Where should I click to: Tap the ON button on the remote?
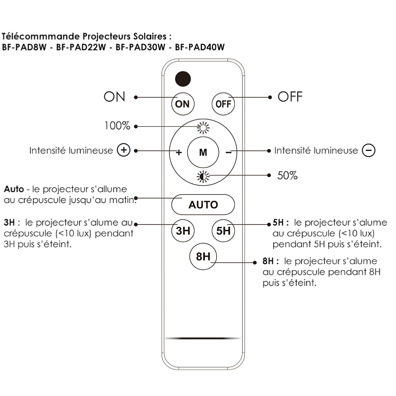183,104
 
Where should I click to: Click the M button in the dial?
203,152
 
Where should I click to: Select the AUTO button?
203,205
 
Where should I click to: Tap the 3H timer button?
183,230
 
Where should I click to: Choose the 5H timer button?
223,230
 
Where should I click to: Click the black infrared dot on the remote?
183,79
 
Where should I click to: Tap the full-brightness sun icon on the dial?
203,128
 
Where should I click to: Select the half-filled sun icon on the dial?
203,177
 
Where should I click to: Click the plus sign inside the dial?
179,152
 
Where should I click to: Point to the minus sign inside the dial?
228,152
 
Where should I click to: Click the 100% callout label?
117,126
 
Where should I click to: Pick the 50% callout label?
287,175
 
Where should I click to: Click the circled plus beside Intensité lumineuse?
124,150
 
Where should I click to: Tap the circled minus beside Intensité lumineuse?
369,150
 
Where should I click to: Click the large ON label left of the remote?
114,97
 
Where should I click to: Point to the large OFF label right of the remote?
290,97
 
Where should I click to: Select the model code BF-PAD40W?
200,47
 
